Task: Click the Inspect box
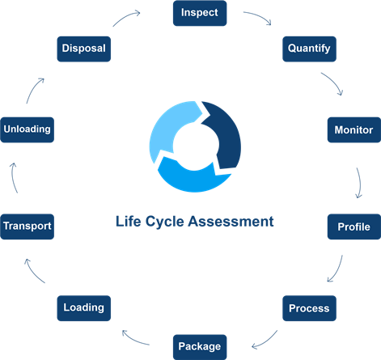tap(200, 13)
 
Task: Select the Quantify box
tap(309, 49)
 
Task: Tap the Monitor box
tap(354, 129)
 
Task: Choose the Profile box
tap(354, 227)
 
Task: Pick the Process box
tap(309, 308)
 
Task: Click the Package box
tap(200, 347)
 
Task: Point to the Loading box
tap(84, 308)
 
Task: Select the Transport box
tap(28, 227)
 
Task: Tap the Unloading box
tap(28, 129)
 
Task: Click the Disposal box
tap(84, 49)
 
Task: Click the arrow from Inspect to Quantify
tap(260, 15)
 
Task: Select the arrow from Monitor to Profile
tap(360, 183)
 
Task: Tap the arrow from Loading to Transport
tap(33, 272)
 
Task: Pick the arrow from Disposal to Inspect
tap(125, 16)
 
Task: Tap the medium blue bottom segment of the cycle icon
tap(193, 178)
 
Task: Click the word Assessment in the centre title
tap(231, 222)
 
